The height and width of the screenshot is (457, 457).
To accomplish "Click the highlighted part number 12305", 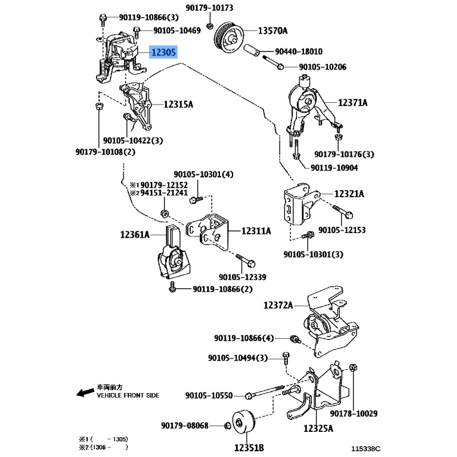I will (x=163, y=53).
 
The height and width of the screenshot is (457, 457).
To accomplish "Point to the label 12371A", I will (x=352, y=103).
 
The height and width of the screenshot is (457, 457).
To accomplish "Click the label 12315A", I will (x=178, y=105).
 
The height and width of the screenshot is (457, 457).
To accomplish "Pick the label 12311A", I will (x=255, y=231).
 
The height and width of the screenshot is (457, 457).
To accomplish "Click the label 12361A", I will (x=135, y=234).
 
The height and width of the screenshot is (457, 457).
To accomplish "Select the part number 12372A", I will (x=278, y=306).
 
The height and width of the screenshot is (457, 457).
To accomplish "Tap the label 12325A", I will (x=318, y=427).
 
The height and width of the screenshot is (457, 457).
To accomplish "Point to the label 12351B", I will (x=250, y=447).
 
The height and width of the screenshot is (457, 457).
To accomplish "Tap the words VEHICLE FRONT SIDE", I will (x=128, y=395).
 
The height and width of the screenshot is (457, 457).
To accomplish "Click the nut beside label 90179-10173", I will (x=210, y=26).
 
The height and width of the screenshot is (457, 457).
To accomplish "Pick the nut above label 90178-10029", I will (x=353, y=367).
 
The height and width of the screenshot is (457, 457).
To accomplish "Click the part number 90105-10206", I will (x=322, y=67).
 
